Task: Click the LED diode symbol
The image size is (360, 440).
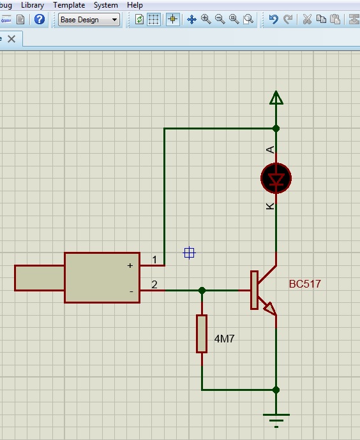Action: [x=276, y=179]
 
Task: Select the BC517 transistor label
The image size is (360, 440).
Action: [x=304, y=284]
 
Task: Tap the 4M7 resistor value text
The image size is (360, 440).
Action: [x=224, y=339]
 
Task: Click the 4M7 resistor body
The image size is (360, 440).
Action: [x=202, y=334]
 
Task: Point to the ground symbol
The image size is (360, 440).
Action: [x=276, y=420]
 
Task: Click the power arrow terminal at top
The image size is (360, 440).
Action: [x=276, y=98]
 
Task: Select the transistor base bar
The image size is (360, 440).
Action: [x=254, y=290]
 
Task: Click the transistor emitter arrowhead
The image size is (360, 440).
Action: [x=270, y=308]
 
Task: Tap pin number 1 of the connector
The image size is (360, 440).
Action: [x=154, y=260]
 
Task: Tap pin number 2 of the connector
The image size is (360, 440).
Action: [x=154, y=284]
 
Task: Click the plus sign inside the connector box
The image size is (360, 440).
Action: [x=130, y=265]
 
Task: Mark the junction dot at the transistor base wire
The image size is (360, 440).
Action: [x=202, y=290]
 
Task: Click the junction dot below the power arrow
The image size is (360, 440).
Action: [x=276, y=129]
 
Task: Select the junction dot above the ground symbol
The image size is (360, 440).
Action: [x=276, y=390]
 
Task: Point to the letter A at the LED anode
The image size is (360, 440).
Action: [x=270, y=150]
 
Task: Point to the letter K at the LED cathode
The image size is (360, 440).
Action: [x=270, y=206]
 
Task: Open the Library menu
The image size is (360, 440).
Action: [x=33, y=5]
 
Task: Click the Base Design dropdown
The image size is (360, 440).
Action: [x=89, y=20]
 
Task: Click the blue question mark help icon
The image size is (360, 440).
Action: [x=40, y=19]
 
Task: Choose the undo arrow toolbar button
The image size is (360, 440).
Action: [x=273, y=19]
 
